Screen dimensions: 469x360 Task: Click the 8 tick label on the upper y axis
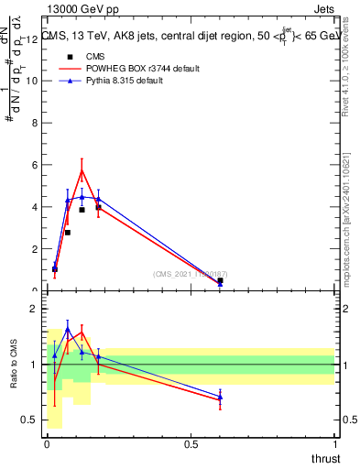pyautogui.click(x=34, y=123)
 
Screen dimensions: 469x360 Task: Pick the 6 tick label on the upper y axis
pyautogui.click(x=34, y=165)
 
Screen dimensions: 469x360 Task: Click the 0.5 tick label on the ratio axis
pyautogui.click(x=30, y=420)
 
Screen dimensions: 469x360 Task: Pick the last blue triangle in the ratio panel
pyautogui.click(x=220, y=397)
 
